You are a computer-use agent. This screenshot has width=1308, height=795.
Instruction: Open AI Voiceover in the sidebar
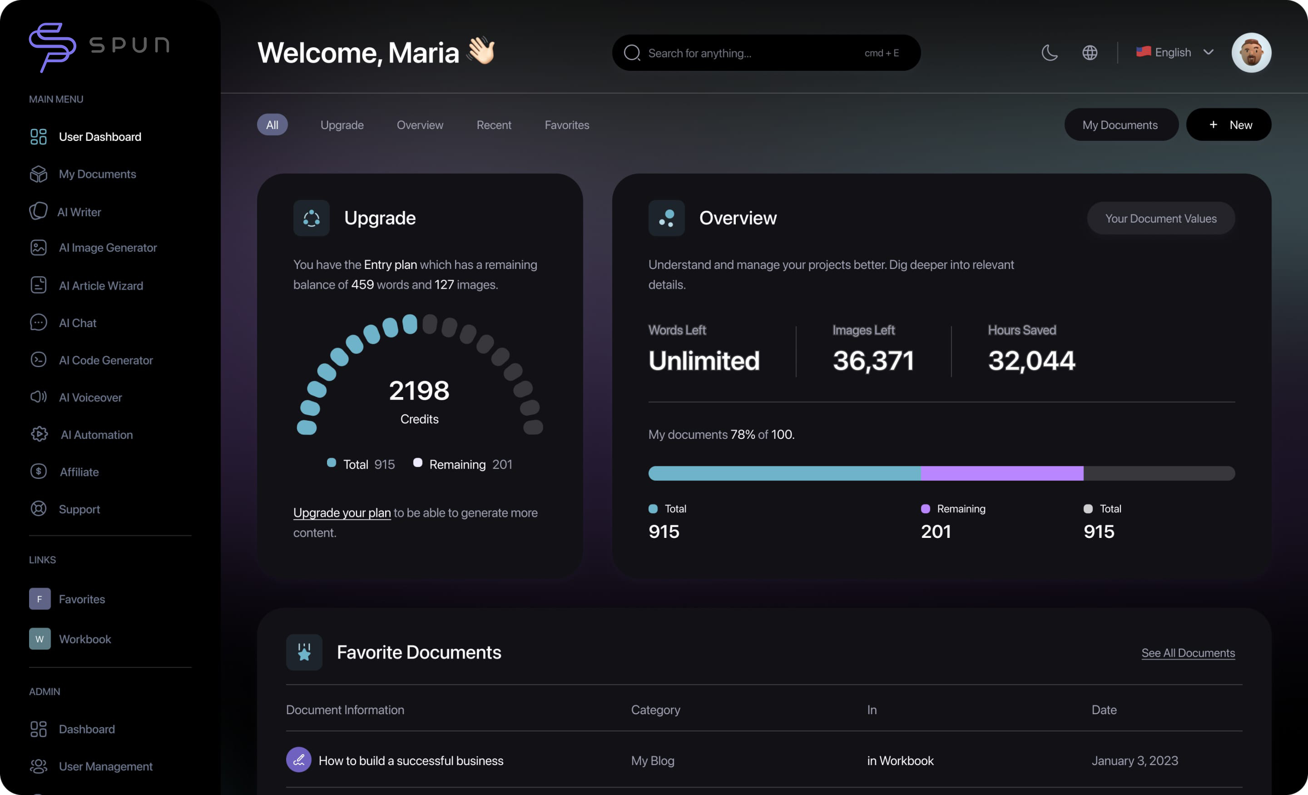click(x=90, y=397)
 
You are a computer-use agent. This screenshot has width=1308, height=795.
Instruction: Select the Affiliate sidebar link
click(x=79, y=472)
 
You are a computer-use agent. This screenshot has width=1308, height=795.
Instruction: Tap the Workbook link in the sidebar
click(x=84, y=639)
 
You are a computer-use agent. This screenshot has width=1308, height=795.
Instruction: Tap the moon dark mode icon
click(x=1050, y=53)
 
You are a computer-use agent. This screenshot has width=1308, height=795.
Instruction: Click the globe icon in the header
click(x=1089, y=53)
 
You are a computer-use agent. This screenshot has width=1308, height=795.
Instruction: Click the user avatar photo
click(x=1251, y=53)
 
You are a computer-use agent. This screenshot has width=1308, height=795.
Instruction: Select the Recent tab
click(x=494, y=125)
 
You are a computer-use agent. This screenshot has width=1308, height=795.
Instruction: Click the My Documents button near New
click(x=1120, y=125)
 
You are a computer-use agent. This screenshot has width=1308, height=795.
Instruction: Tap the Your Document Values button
click(x=1160, y=218)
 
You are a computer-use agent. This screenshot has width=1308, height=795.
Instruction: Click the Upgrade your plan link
click(x=342, y=512)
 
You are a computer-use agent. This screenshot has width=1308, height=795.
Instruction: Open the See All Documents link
click(x=1188, y=653)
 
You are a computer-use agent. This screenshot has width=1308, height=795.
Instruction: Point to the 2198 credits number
click(x=419, y=391)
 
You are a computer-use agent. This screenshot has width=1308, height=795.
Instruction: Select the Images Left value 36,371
click(x=873, y=361)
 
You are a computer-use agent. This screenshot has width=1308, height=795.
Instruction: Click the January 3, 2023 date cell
click(x=1135, y=760)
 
